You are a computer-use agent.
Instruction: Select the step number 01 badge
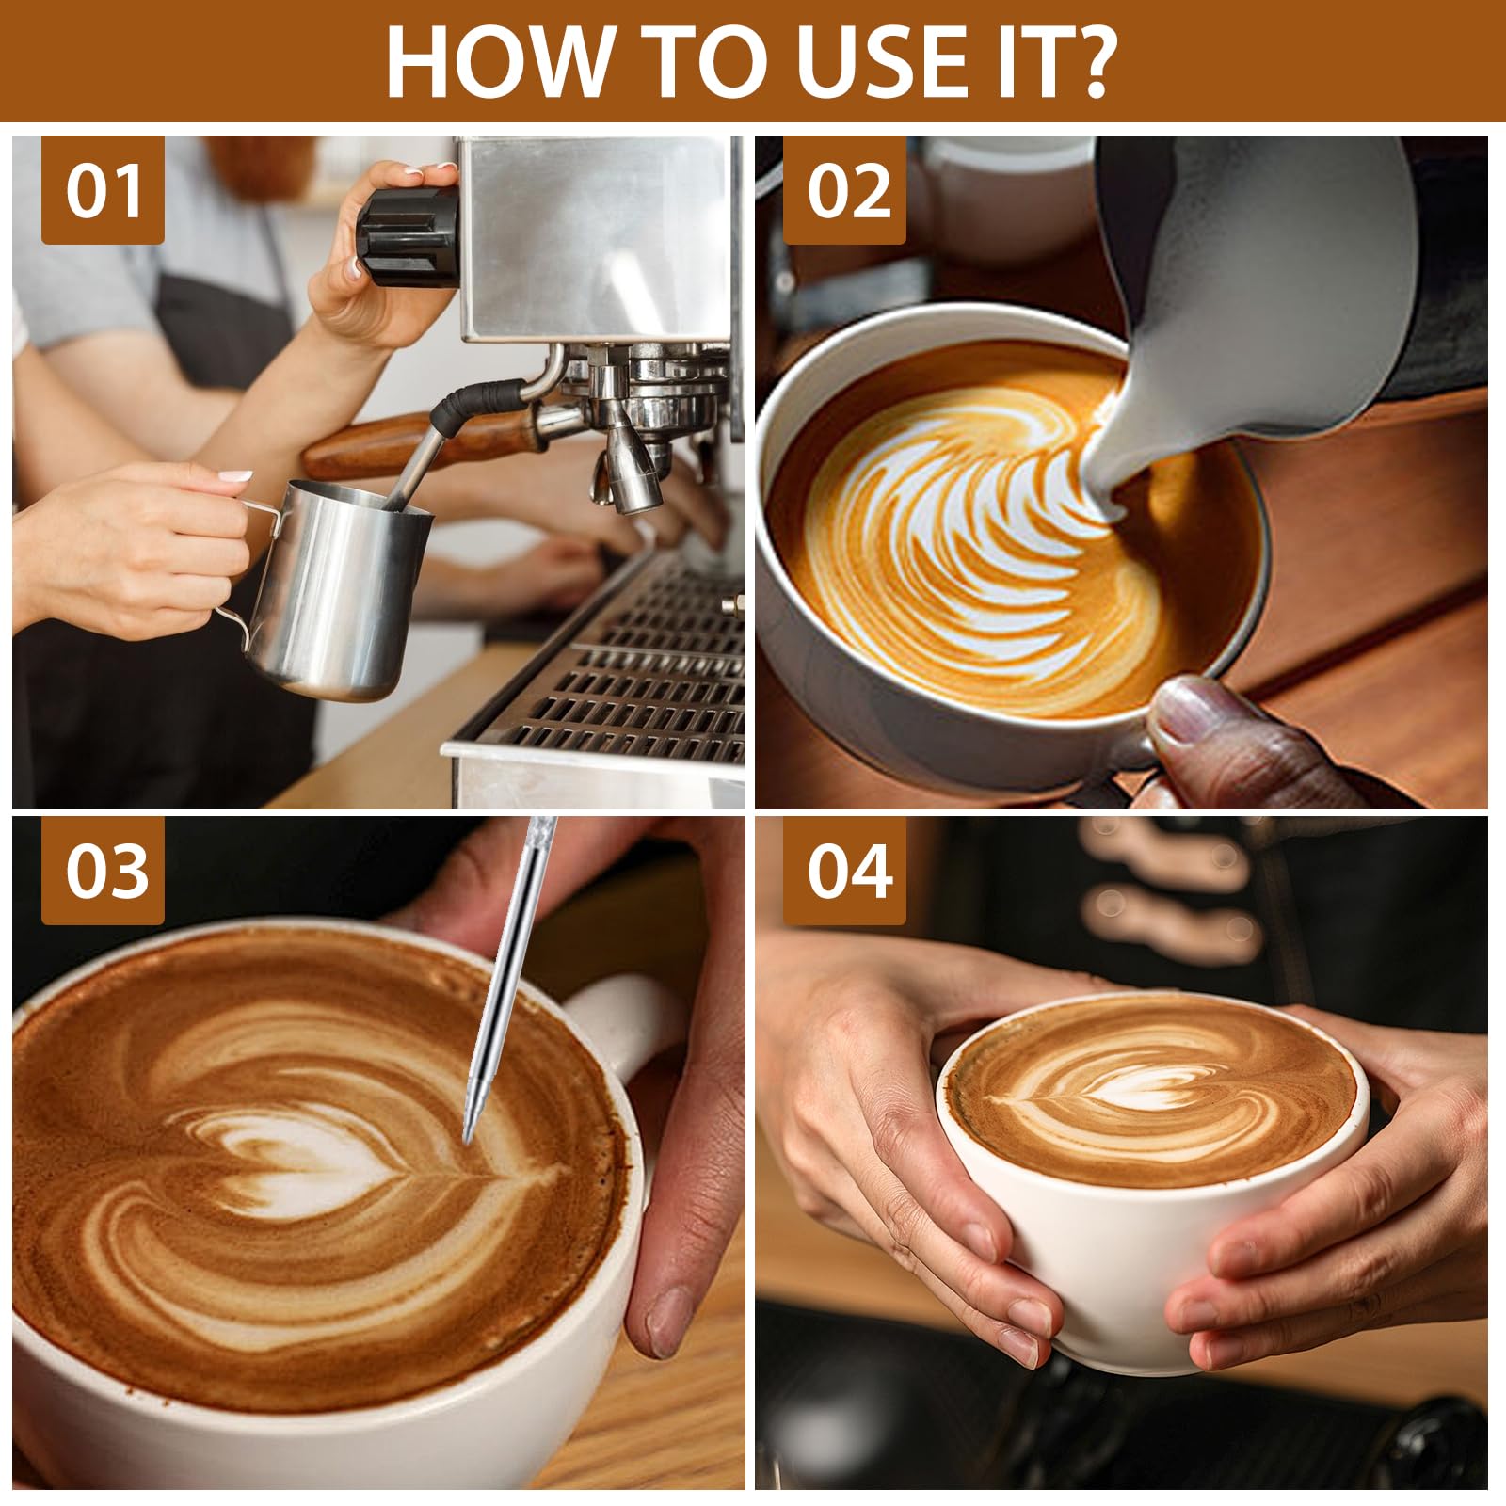pyautogui.click(x=103, y=191)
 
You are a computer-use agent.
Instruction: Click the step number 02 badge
pyautogui.click(x=844, y=191)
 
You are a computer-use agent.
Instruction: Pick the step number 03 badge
pyautogui.click(x=103, y=871)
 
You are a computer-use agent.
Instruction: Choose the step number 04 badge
pyautogui.click(x=844, y=871)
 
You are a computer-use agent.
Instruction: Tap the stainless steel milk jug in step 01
pyautogui.click(x=339, y=593)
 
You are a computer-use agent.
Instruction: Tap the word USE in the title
pyautogui.click(x=866, y=61)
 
